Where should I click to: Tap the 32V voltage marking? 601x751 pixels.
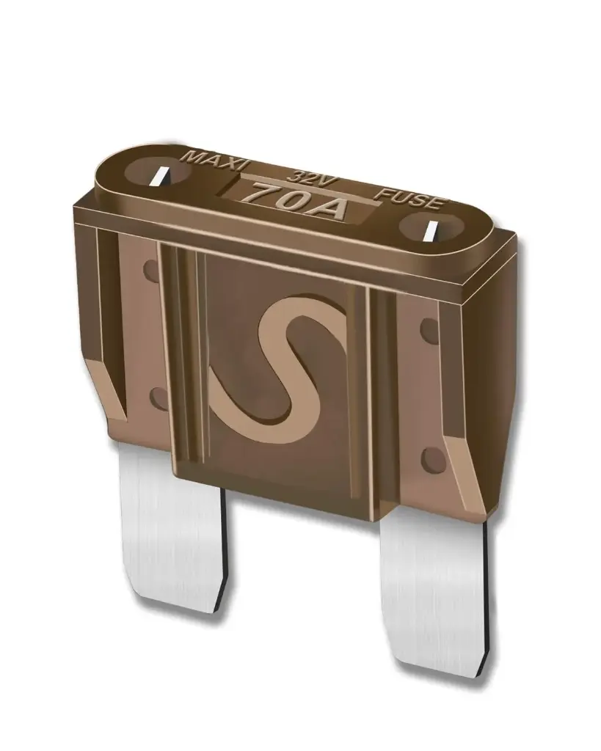[x=303, y=177]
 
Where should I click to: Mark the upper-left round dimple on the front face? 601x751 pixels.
[x=151, y=269]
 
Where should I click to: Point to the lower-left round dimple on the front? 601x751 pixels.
[x=156, y=398]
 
